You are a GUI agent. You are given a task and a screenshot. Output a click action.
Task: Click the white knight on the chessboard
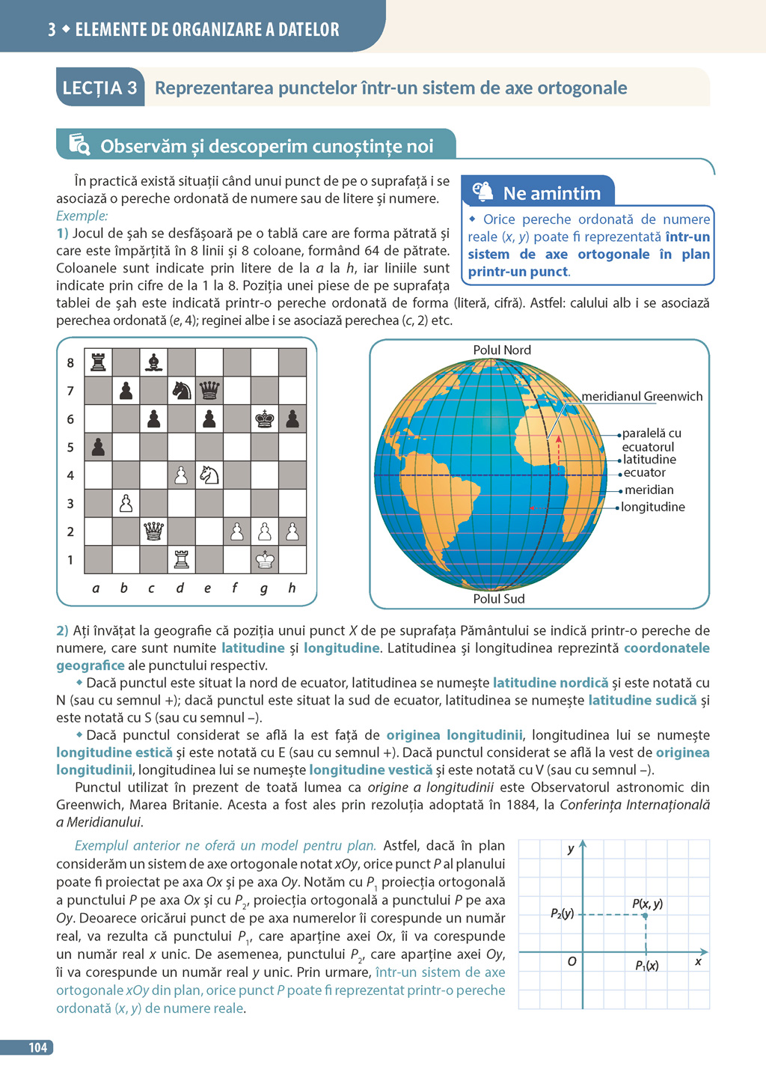(x=209, y=475)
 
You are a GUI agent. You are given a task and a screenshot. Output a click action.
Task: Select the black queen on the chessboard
(x=209, y=390)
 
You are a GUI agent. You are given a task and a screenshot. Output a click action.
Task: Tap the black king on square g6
(x=265, y=418)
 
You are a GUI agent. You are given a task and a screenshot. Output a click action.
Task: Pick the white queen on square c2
(x=153, y=531)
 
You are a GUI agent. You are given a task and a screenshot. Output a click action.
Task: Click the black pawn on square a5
(x=98, y=447)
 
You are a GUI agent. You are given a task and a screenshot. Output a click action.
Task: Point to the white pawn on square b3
(x=126, y=503)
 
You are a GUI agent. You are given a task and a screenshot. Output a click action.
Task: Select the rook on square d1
(x=181, y=559)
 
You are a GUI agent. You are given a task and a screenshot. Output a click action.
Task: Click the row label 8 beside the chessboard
(x=70, y=363)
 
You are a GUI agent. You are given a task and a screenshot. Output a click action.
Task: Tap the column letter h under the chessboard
(x=292, y=588)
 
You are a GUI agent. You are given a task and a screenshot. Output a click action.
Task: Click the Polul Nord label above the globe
(x=502, y=350)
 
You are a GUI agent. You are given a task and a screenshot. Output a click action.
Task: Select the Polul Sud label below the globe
(x=499, y=599)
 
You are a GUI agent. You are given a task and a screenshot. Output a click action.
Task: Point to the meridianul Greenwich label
(x=642, y=397)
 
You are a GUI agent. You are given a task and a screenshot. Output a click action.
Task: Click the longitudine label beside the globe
(x=653, y=507)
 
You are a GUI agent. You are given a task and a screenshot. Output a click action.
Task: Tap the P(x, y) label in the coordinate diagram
(x=647, y=904)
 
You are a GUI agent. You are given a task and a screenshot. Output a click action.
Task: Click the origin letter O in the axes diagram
(x=572, y=961)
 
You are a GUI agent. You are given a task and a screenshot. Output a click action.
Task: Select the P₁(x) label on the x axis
(x=647, y=966)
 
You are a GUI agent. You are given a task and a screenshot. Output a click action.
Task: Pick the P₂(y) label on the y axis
(x=563, y=913)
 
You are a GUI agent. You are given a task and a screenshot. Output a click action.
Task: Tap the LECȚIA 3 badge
(x=99, y=88)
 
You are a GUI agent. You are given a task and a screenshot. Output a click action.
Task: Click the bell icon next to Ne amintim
(x=483, y=192)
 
